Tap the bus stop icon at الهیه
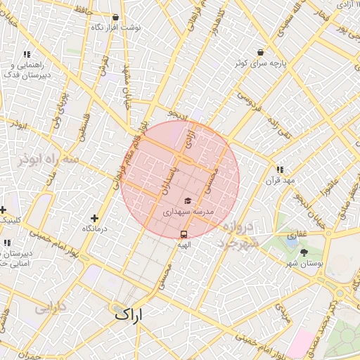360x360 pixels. (184, 234)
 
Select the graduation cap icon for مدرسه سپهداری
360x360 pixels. (187, 201)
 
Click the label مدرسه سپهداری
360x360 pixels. (188, 211)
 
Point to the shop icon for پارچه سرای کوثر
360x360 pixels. (261, 53)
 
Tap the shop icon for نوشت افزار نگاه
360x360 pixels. (115, 17)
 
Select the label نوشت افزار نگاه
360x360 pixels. (116, 27)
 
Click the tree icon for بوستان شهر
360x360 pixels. (304, 252)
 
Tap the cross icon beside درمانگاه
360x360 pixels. (94, 218)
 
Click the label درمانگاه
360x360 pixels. (94, 229)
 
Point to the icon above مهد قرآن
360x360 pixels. (280, 169)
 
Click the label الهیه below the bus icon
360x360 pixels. (184, 244)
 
